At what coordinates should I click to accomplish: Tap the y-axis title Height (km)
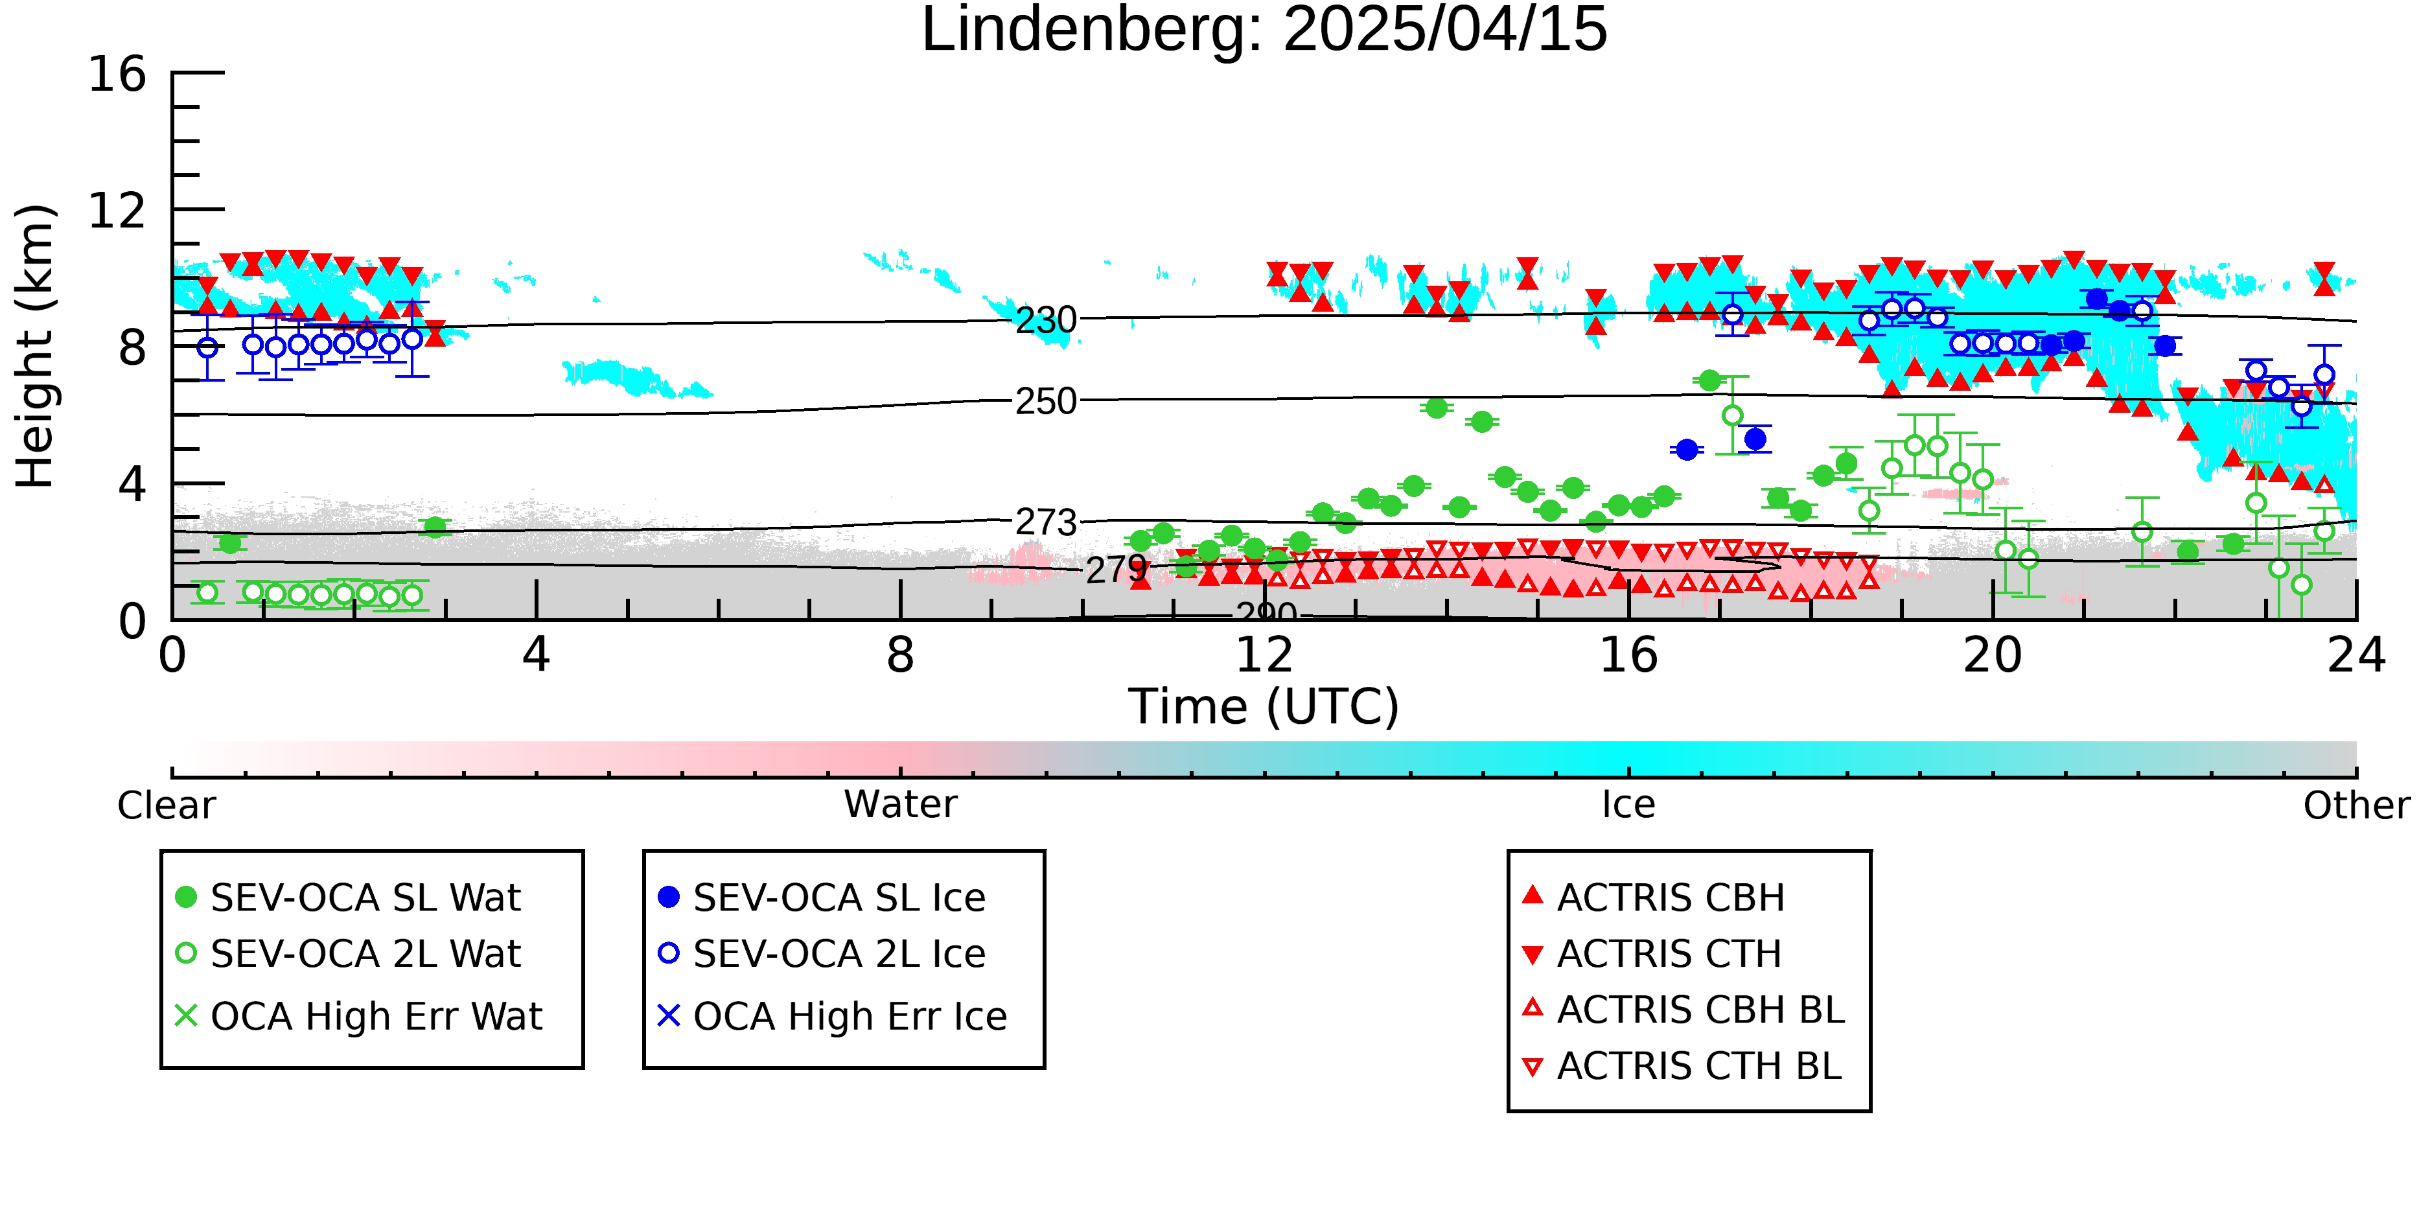point(36,346)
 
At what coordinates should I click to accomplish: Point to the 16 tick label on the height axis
point(117,75)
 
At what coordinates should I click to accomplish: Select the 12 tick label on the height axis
point(117,211)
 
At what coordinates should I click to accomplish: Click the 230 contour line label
point(1045,321)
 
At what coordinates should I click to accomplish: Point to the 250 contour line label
point(1045,402)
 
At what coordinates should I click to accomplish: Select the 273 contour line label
point(1045,522)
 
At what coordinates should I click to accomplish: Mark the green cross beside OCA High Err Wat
point(186,1016)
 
